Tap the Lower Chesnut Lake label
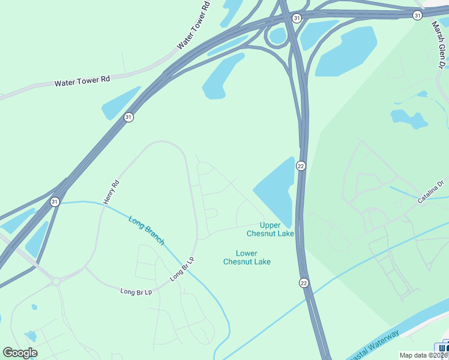(x=247, y=257)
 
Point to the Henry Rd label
(x=112, y=193)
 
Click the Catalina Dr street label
(x=430, y=191)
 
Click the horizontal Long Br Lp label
(x=136, y=292)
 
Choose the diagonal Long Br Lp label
(x=182, y=269)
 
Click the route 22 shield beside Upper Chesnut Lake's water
(x=301, y=166)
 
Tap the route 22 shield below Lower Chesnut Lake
(x=304, y=283)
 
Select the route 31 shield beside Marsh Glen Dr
(x=417, y=15)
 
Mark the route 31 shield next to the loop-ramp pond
(x=297, y=19)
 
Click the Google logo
(x=20, y=353)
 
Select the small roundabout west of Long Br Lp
(x=56, y=280)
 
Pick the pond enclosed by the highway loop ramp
(x=278, y=36)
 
